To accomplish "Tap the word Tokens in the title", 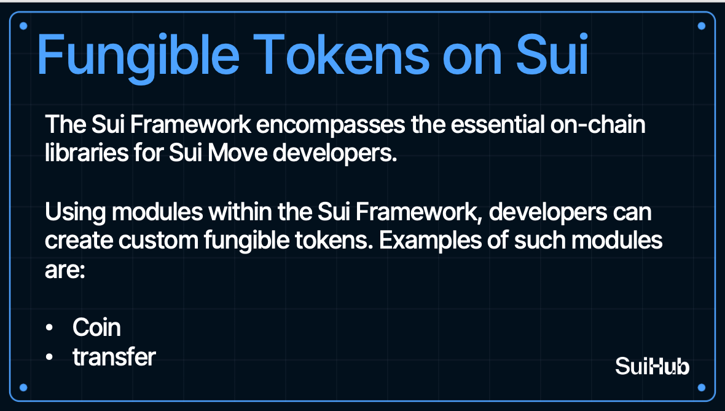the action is [x=342, y=55].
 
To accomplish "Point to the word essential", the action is [x=498, y=124].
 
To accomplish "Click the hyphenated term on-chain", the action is [x=598, y=124].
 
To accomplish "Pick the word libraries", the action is [x=87, y=152].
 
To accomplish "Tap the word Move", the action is [x=237, y=152].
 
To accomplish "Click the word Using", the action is [x=76, y=213].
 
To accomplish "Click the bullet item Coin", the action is [x=96, y=327].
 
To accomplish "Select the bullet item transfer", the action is [x=114, y=357].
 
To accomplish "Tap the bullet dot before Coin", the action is [x=50, y=328].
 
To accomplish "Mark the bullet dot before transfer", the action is [x=50, y=357].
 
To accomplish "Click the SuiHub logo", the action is [x=652, y=366].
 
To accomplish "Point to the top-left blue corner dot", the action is [x=23, y=26].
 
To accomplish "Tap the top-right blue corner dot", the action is [x=702, y=26].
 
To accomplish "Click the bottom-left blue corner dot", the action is [x=23, y=388].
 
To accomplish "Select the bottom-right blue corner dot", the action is [x=702, y=388].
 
